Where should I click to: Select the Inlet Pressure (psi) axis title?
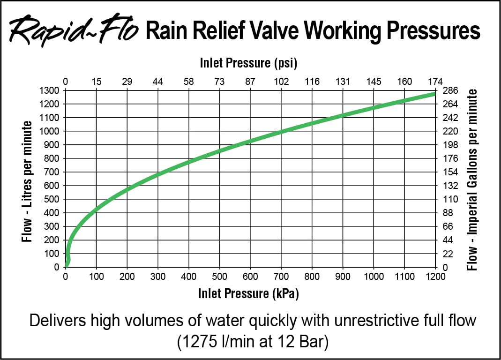tap(249, 63)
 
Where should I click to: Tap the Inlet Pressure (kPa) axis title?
tap(248, 294)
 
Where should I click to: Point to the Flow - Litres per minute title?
tap(27, 182)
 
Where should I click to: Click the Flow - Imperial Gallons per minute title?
tap(473, 180)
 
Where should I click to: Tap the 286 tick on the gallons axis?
tap(449, 90)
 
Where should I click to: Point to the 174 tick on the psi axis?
tap(435, 82)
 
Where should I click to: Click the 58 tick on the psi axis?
tap(189, 82)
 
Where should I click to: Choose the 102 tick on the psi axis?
tap(281, 82)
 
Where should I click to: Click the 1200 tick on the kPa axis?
tap(435, 277)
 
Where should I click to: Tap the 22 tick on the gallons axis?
tap(448, 254)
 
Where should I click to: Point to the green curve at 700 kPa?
tap(281, 132)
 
